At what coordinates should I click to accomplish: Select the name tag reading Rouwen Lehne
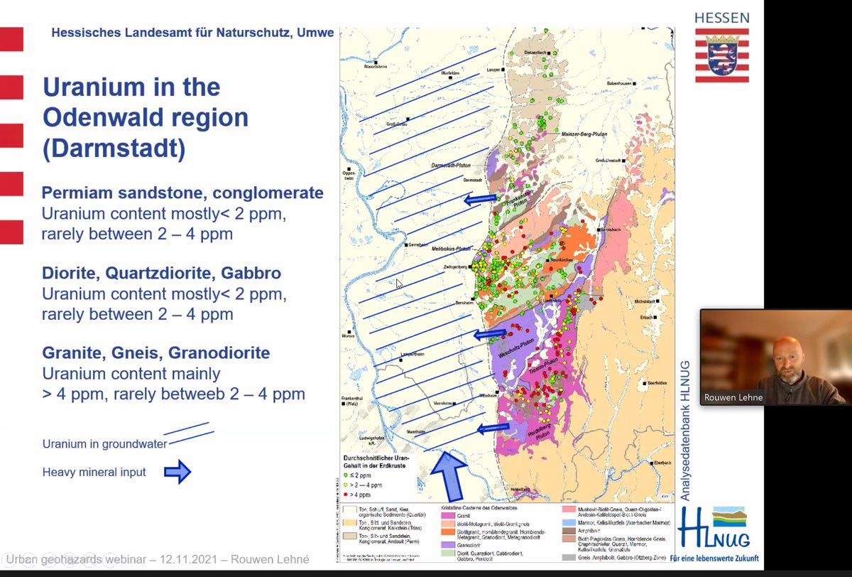[733, 397]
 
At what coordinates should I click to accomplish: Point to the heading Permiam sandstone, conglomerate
[182, 193]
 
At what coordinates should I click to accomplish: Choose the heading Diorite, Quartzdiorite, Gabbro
[161, 273]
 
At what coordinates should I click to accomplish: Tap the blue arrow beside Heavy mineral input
[177, 472]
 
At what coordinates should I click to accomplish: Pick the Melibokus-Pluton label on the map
[452, 249]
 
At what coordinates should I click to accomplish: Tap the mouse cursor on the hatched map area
[399, 283]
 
